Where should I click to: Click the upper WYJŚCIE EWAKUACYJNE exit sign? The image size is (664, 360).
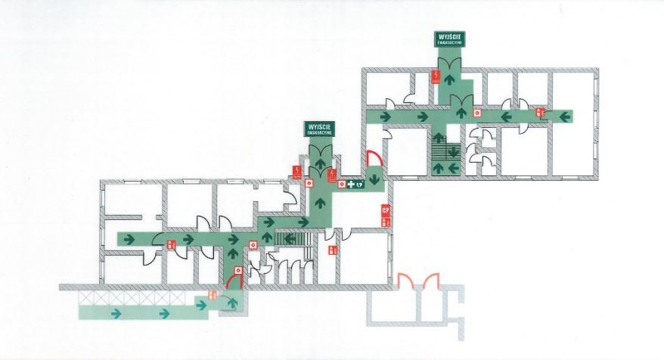click(x=448, y=39)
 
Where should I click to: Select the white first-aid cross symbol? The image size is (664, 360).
click(x=351, y=183)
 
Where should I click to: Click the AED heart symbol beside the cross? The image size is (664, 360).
click(x=361, y=183)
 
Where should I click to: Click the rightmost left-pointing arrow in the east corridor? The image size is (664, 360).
click(x=563, y=116)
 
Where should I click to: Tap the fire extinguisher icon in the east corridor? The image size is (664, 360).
click(x=540, y=113)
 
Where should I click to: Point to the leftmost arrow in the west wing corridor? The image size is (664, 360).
click(x=129, y=239)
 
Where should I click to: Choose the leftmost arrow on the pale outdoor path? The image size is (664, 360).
click(x=116, y=312)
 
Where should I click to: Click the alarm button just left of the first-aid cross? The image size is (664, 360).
click(x=341, y=183)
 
